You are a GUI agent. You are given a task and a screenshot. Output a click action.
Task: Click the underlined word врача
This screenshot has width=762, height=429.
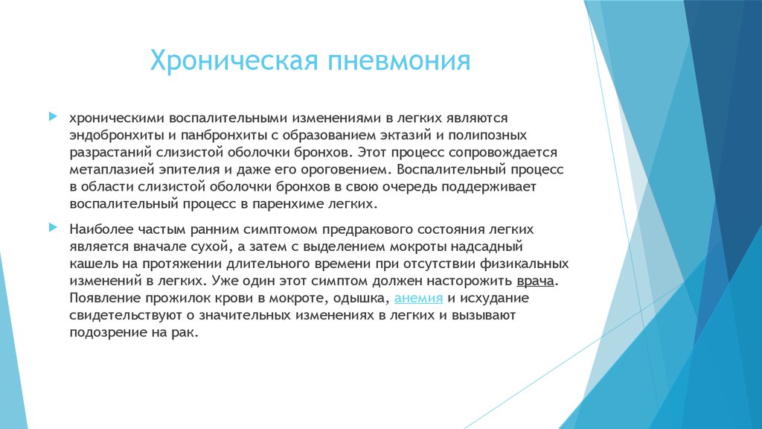(x=537, y=282)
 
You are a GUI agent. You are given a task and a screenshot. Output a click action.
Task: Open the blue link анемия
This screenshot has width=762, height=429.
(x=419, y=299)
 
